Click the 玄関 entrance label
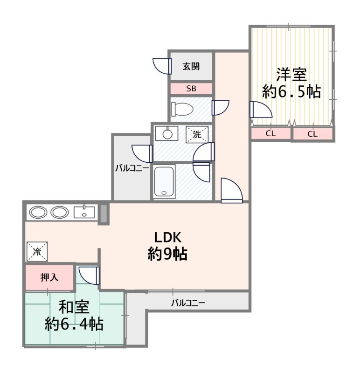[191, 66]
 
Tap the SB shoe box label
[191, 89]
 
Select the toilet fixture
[182, 109]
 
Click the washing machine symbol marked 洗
[197, 135]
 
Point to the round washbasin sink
[167, 134]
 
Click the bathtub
[164, 181]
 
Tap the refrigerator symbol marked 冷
[37, 251]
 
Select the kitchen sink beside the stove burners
[84, 212]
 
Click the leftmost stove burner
[38, 212]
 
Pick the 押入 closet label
[49, 277]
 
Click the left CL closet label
[270, 133]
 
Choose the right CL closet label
[312, 134]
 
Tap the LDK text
[168, 237]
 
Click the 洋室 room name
[291, 75]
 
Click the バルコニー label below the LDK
[188, 303]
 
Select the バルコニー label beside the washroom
[132, 168]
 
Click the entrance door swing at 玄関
[162, 66]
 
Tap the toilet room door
[221, 108]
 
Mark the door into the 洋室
[261, 110]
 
